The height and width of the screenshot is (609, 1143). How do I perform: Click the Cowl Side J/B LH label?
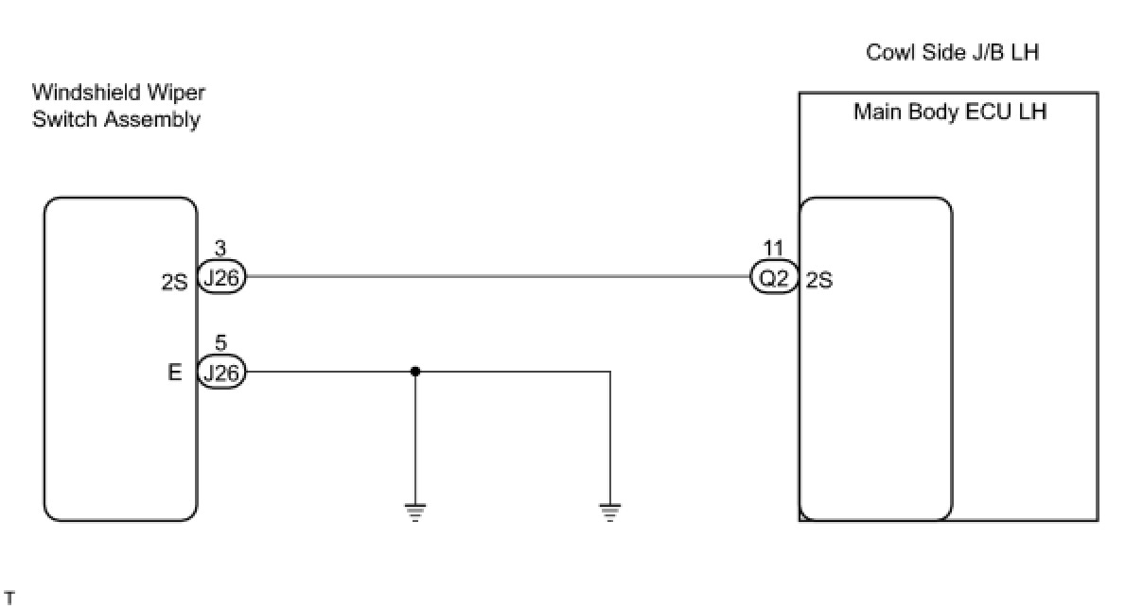click(952, 52)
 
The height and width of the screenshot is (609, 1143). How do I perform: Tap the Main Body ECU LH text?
click(949, 112)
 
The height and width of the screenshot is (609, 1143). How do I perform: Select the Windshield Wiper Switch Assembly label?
click(117, 106)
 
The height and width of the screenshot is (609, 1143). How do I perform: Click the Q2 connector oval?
click(775, 279)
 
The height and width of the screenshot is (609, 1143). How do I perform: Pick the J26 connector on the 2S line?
click(221, 279)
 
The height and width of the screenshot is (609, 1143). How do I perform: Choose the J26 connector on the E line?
click(221, 373)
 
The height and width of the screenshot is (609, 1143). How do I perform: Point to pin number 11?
click(774, 250)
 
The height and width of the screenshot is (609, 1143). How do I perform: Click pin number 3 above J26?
click(220, 250)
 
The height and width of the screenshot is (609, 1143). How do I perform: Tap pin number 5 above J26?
click(220, 343)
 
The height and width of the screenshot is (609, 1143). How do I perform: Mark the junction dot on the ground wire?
click(415, 372)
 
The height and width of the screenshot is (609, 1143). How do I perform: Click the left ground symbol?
click(415, 513)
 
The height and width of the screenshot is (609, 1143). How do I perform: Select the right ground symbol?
click(610, 513)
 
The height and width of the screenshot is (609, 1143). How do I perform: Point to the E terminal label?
click(175, 373)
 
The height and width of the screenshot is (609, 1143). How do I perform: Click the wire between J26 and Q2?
click(497, 277)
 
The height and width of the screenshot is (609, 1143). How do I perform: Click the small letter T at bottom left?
click(9, 597)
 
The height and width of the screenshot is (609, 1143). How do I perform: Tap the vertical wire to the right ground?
click(610, 435)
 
